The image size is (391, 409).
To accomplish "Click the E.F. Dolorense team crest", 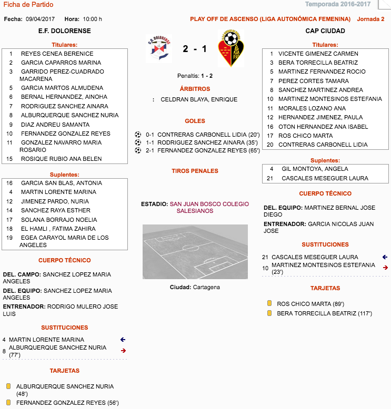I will (158, 48).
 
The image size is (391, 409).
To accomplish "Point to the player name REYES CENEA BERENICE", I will (57, 54).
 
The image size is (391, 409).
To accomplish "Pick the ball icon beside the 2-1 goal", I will (138, 150).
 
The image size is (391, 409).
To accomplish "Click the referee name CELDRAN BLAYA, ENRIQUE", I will (199, 99).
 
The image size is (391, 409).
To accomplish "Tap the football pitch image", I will (195, 251).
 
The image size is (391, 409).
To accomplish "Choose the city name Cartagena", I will (206, 287).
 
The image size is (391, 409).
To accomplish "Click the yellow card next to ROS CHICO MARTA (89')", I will (269, 303).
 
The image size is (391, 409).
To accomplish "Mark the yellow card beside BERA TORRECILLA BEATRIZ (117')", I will (269, 313).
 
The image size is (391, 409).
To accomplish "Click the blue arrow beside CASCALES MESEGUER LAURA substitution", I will (385, 257).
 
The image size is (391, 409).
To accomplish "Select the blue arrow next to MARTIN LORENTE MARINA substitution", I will (123, 340).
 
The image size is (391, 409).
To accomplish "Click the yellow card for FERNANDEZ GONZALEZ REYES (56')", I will (8, 403).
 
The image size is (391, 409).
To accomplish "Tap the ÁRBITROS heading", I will (195, 89).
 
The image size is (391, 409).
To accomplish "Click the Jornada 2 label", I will (370, 19).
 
